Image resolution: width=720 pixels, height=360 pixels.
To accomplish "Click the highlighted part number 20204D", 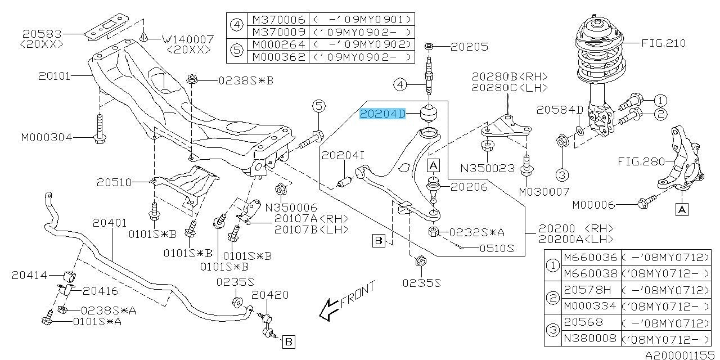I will (382, 114).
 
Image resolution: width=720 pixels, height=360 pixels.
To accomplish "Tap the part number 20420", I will (270, 295).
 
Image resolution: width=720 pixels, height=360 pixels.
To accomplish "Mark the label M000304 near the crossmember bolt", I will (46, 137).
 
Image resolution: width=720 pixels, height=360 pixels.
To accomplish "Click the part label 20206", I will (469, 186).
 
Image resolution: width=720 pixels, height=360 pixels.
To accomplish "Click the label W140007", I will (187, 39).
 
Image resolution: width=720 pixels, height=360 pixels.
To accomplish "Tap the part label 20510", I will (113, 182).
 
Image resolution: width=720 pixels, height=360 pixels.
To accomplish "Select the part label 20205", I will (470, 47).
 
